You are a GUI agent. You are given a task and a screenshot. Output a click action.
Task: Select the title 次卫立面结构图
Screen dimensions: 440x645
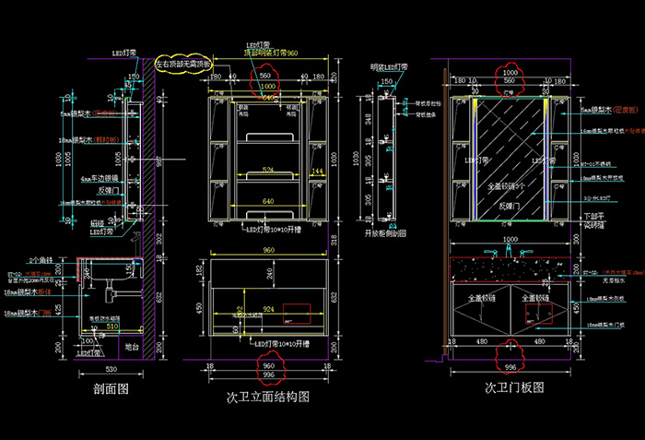tap(267, 398)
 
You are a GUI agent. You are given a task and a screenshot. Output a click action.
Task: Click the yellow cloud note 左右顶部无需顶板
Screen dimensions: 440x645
tap(183, 65)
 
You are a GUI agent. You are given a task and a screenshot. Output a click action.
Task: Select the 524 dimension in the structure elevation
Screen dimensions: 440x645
tap(268, 171)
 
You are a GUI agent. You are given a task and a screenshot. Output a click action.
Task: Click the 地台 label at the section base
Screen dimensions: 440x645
tap(131, 347)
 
